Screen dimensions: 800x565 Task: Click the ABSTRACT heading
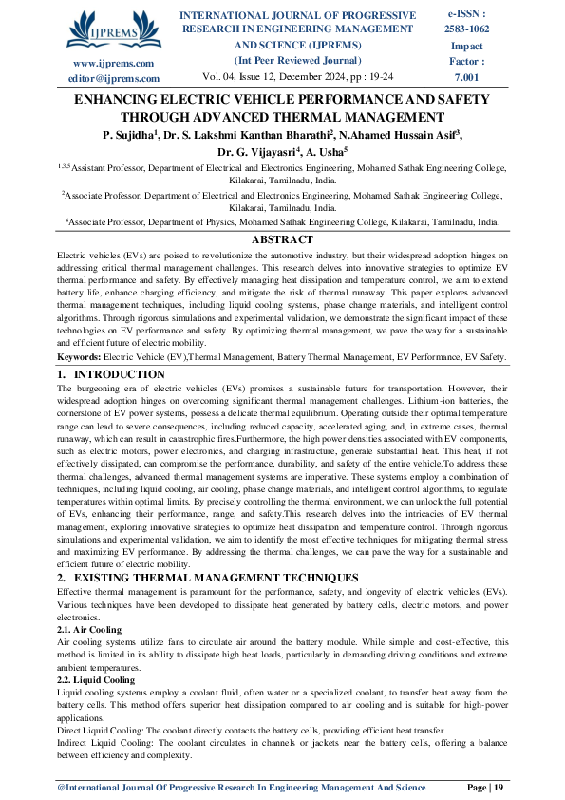[x=281, y=240]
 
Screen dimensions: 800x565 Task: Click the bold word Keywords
[x=81, y=356]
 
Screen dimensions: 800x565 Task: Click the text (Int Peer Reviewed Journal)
[x=297, y=60]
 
